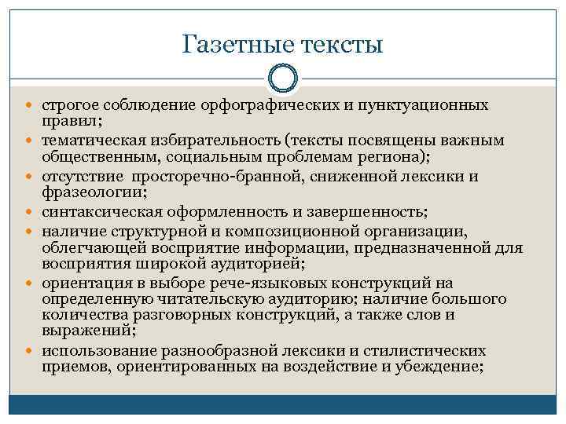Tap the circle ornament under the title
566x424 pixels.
pos(283,79)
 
